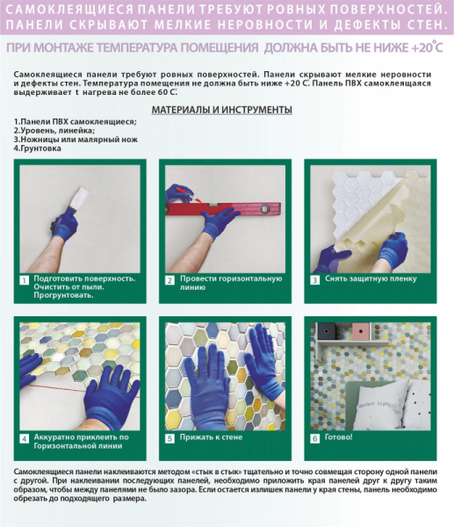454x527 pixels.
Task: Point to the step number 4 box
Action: pyautogui.click(x=25, y=437)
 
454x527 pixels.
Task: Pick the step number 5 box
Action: pyautogui.click(x=169, y=437)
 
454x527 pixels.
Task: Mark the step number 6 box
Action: pyautogui.click(x=315, y=437)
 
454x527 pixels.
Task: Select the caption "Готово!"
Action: pyautogui.click(x=339, y=437)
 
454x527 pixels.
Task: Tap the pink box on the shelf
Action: pyautogui.click(x=361, y=331)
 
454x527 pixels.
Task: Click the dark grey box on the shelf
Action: pyautogui.click(x=328, y=331)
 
